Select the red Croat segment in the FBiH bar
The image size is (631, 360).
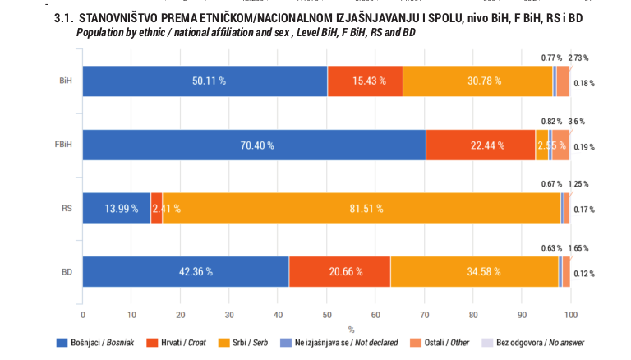click(x=481, y=145)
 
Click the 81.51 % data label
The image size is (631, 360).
click(x=366, y=209)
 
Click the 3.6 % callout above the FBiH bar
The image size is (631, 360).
click(x=577, y=121)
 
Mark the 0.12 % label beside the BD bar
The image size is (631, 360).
click(x=584, y=274)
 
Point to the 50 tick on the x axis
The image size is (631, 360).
click(x=327, y=315)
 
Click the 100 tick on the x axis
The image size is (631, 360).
click(x=571, y=315)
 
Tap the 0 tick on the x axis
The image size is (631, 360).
click(x=83, y=315)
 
